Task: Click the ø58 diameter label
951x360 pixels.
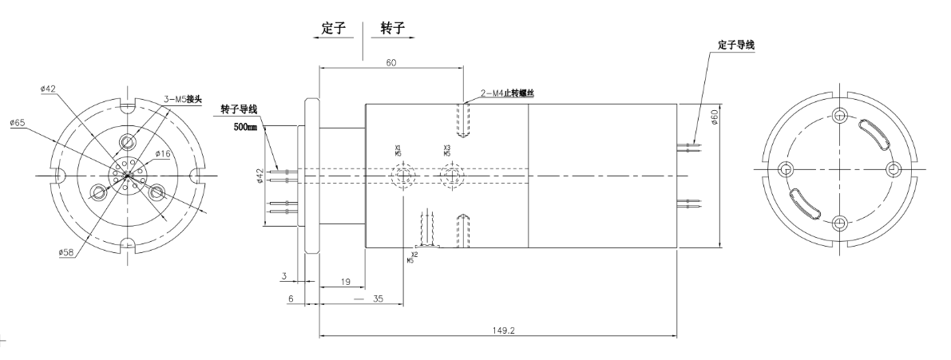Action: click(x=66, y=252)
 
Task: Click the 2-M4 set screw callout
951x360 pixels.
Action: click(x=508, y=93)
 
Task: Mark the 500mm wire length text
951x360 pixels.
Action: click(x=246, y=126)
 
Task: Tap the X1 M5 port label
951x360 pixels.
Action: click(x=398, y=151)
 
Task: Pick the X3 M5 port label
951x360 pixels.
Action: click(x=447, y=151)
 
